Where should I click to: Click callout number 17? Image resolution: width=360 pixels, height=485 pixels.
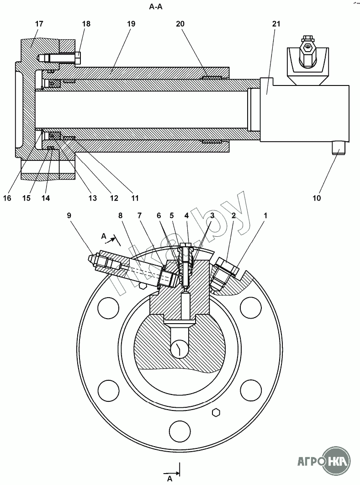tap(39, 23)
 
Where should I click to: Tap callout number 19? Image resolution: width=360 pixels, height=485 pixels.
tap(132, 23)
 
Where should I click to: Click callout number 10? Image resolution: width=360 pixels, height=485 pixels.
tap(317, 198)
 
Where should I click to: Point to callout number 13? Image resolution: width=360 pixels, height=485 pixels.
tap(93, 198)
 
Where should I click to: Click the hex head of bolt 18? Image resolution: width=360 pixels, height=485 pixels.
tap(78, 58)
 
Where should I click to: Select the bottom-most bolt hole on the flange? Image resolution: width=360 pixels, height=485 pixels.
tap(180, 431)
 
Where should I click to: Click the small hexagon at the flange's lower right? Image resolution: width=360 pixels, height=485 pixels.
tap(217, 413)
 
